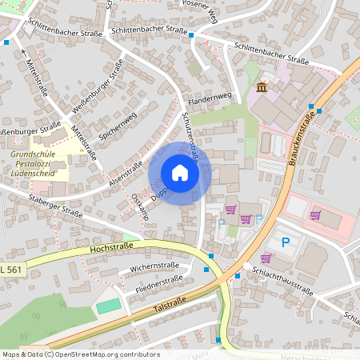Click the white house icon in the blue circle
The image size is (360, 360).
tap(180, 173)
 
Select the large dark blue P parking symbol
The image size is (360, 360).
tap(284, 242)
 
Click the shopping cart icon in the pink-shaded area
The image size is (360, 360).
tap(315, 214)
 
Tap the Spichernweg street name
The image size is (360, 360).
tap(117, 125)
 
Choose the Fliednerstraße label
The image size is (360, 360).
tap(159, 282)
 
